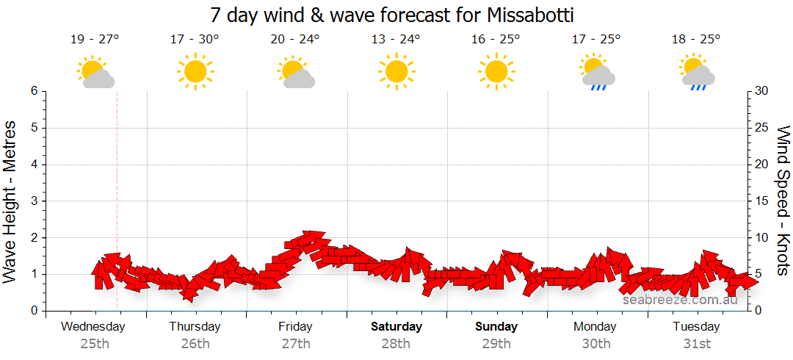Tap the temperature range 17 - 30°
click(x=195, y=40)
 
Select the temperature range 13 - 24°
click(x=396, y=40)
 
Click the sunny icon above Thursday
click(x=195, y=71)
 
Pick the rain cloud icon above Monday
click(x=597, y=73)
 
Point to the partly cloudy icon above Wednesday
click(x=95, y=73)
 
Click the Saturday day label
click(x=396, y=326)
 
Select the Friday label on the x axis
click(x=295, y=326)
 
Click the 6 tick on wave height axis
click(x=34, y=91)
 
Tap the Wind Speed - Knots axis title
click(x=783, y=200)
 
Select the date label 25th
click(x=95, y=343)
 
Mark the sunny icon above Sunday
click(x=496, y=71)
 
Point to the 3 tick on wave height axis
click(x=34, y=201)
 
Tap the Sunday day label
click(x=496, y=326)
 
